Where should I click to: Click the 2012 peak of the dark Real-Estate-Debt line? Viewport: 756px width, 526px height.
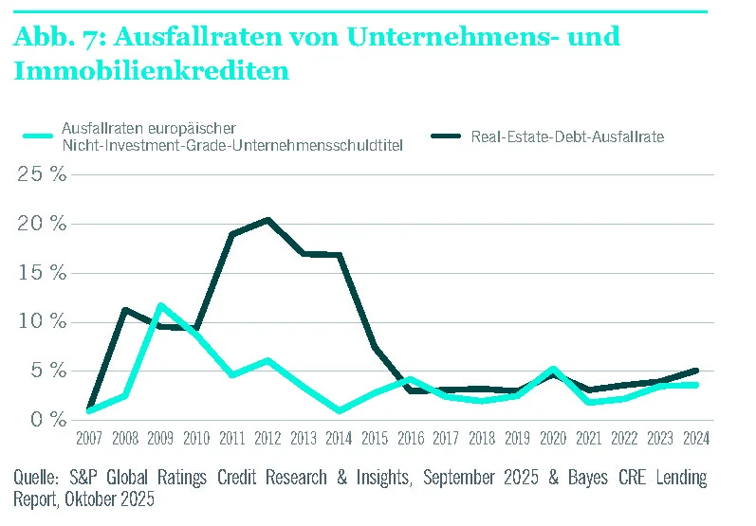point(267,220)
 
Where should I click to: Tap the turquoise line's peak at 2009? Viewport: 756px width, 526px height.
point(161,305)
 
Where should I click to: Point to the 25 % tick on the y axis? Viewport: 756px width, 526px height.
point(43,174)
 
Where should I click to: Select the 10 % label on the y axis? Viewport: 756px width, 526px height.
point(43,321)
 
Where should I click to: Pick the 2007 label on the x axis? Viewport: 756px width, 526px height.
point(90,439)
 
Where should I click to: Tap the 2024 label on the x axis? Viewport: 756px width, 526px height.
point(695,439)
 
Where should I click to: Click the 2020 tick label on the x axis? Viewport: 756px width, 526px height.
point(553,439)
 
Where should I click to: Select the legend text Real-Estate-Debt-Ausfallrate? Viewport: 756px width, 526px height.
point(567,136)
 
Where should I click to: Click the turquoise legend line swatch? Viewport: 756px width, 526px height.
point(37,136)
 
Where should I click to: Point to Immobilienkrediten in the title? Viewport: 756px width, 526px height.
point(151,70)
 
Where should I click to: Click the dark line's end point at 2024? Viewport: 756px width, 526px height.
point(695,371)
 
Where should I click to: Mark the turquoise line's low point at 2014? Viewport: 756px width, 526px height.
point(339,410)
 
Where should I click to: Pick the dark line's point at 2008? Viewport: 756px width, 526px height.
point(125,310)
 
